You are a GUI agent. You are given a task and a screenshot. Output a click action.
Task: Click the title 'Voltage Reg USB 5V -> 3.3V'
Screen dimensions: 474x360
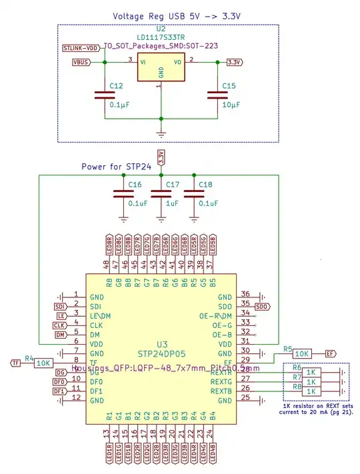(x=167, y=15)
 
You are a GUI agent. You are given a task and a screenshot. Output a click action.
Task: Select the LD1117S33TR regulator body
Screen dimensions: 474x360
(x=160, y=68)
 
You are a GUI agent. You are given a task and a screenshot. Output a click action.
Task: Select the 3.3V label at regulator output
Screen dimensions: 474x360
(x=234, y=62)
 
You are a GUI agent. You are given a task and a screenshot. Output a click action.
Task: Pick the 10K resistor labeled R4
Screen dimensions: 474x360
(x=43, y=363)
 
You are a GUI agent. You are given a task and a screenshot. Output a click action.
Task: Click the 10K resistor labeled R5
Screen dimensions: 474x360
(x=302, y=353)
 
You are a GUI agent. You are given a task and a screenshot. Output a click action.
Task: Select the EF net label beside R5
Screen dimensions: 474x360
(x=329, y=353)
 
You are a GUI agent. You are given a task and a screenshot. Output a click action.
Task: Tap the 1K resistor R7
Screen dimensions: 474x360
(x=311, y=381)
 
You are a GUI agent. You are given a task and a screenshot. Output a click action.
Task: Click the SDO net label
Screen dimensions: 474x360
(x=262, y=306)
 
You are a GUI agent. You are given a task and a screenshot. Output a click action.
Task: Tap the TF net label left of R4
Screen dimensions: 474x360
(x=15, y=363)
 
